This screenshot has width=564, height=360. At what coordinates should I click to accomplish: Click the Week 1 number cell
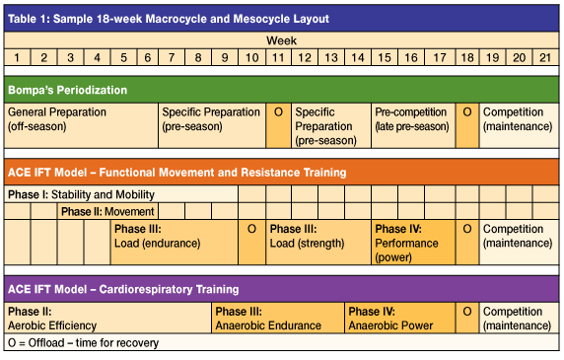click(17, 58)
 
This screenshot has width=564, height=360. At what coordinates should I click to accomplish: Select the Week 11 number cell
click(278, 58)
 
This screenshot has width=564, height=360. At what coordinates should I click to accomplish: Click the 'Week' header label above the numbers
click(280, 41)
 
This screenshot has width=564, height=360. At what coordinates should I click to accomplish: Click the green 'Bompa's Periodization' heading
click(68, 90)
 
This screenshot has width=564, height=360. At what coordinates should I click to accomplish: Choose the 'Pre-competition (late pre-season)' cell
click(412, 119)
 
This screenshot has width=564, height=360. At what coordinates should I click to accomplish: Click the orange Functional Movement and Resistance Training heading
click(176, 173)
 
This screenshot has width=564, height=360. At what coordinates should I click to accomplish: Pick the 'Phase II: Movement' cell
click(107, 211)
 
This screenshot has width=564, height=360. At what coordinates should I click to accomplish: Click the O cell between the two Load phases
click(252, 229)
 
